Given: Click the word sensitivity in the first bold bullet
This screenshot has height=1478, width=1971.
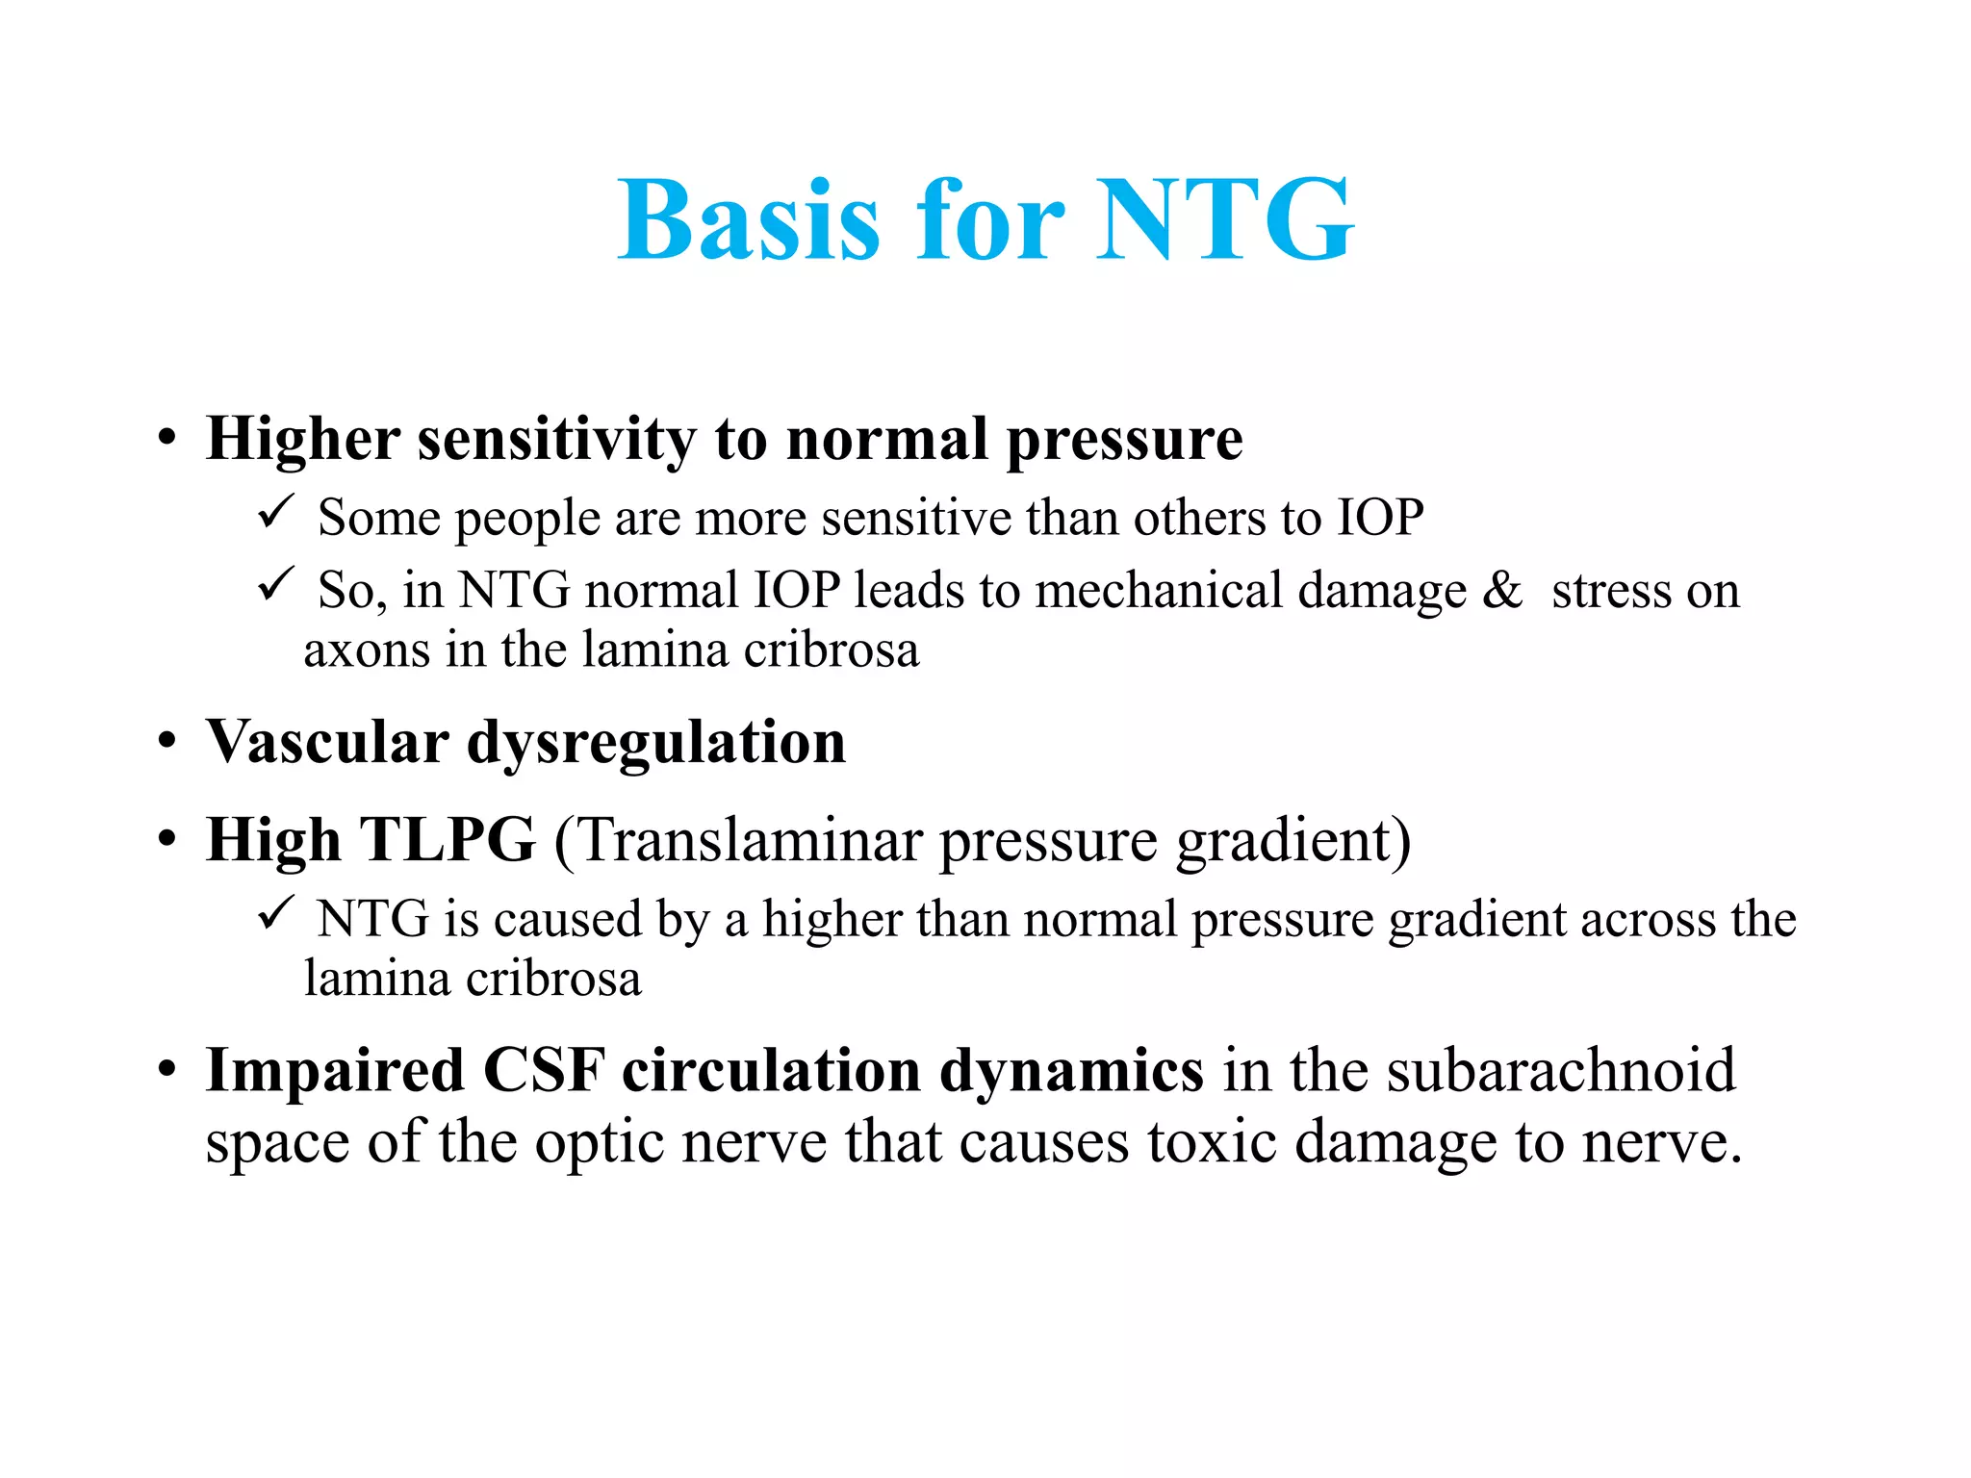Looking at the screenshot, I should [556, 440].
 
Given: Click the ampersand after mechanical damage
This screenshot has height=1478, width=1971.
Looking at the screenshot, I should [1501, 590].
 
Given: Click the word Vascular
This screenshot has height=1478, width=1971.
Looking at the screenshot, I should [327, 742].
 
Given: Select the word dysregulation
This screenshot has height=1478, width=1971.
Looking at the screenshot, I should [655, 744].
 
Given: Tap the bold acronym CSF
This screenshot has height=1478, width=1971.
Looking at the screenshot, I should [544, 1070].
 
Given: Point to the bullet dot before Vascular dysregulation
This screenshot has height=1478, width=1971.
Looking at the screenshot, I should [167, 743].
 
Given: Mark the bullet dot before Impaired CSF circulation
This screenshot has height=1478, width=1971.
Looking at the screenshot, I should [167, 1070].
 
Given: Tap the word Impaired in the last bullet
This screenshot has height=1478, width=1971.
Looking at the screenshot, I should [335, 1070].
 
